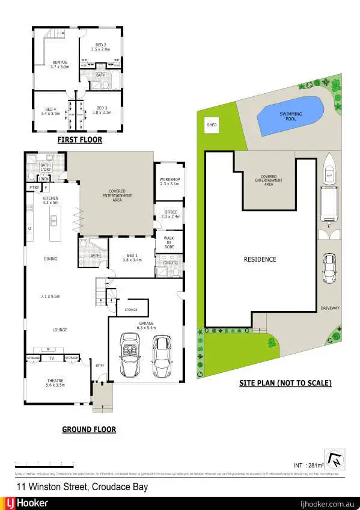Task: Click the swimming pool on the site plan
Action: [x=290, y=115]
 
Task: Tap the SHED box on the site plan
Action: [x=212, y=126]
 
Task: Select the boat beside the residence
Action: [x=328, y=170]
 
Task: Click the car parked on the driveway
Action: [x=329, y=268]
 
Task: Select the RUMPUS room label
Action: [x=59, y=64]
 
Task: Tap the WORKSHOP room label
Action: [x=170, y=182]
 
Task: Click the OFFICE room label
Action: [x=170, y=215]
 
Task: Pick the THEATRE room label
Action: [x=59, y=382]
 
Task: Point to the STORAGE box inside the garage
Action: [x=131, y=310]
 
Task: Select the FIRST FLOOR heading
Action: [x=79, y=140]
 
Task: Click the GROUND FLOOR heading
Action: [x=89, y=429]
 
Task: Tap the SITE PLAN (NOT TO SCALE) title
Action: [x=285, y=382]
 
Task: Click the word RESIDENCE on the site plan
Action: [x=260, y=259]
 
